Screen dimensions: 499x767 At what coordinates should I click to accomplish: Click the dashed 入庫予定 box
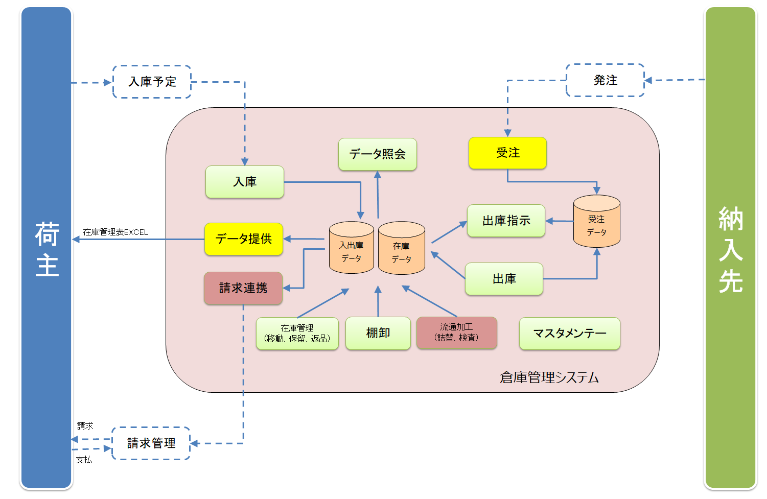[x=152, y=82]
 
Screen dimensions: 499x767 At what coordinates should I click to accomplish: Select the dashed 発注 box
[x=605, y=80]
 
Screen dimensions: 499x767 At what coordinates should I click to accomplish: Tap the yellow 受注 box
[x=507, y=153]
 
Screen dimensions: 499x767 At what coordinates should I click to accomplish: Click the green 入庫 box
[x=244, y=182]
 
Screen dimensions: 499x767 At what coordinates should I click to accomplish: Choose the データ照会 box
[x=377, y=154]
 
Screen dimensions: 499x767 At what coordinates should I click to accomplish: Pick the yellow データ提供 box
[x=243, y=239]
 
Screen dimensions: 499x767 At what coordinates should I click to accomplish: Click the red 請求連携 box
[x=243, y=288]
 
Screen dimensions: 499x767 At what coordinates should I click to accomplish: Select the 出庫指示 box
[x=506, y=221]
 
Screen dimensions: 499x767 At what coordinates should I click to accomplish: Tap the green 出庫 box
[x=504, y=279]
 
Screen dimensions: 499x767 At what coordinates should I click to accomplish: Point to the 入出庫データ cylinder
[x=352, y=249]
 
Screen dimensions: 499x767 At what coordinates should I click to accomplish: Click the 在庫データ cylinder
[x=401, y=249]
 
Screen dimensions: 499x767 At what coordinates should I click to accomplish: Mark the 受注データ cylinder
[x=596, y=222]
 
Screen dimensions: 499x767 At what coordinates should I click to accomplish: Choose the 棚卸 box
[x=378, y=333]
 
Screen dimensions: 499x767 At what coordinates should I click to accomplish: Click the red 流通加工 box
[x=456, y=332]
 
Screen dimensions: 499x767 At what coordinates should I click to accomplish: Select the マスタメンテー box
[x=569, y=334]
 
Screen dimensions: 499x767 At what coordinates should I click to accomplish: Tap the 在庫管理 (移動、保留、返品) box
[x=297, y=334]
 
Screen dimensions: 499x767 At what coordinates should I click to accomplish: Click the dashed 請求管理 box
[x=151, y=443]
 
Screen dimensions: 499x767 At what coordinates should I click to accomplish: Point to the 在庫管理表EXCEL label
[x=115, y=232]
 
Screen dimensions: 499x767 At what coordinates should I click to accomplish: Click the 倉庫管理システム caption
[x=549, y=377]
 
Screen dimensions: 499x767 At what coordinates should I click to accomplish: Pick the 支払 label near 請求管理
[x=84, y=460]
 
